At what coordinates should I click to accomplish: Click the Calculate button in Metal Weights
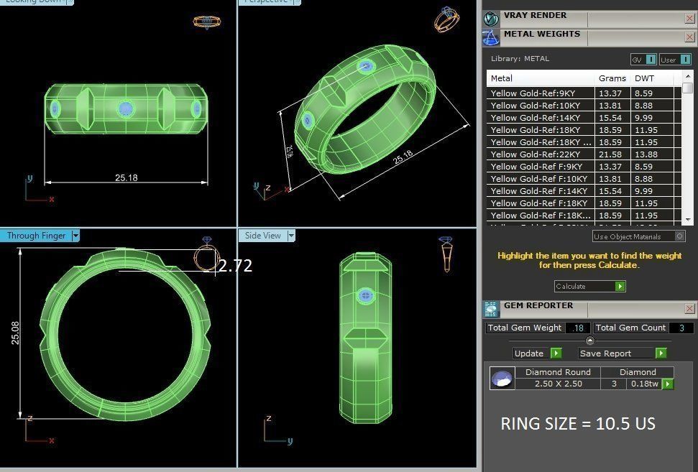coord(589,286)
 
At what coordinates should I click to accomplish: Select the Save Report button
coord(623,353)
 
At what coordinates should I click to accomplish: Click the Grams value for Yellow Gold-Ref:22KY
coord(610,154)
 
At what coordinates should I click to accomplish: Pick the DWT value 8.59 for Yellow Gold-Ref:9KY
coord(643,93)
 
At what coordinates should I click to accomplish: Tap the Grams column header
coord(612,78)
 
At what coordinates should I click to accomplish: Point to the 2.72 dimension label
coord(235,266)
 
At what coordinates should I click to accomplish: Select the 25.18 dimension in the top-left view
coord(126,177)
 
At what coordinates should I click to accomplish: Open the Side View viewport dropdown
coord(291,236)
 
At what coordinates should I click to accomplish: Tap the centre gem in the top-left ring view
coord(125,108)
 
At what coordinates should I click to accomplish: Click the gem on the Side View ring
coord(365,296)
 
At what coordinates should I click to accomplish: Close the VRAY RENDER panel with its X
coord(689,17)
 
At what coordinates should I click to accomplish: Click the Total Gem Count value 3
coord(681,328)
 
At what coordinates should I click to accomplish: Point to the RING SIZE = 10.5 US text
coord(578,423)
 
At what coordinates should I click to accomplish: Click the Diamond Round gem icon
coord(502,378)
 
